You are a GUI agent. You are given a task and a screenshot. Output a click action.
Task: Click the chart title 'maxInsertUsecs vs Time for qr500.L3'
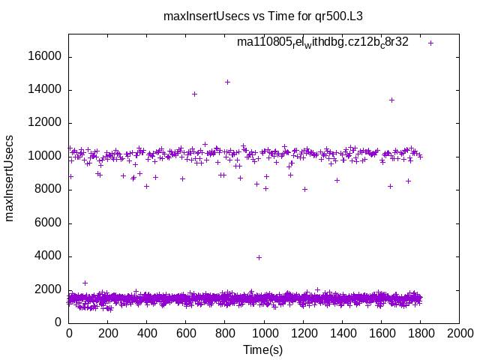pyautogui.click(x=268, y=15)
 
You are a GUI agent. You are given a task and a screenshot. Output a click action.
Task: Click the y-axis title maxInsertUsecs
pyautogui.click(x=10, y=178)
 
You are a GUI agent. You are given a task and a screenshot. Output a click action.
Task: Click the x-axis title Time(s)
pyautogui.click(x=262, y=349)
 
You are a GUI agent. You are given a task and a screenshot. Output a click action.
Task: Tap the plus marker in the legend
pyautogui.click(x=431, y=43)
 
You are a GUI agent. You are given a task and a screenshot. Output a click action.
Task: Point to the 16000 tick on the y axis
pyautogui.click(x=46, y=57)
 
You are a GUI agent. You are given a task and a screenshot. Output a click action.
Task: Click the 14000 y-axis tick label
pyautogui.click(x=46, y=90)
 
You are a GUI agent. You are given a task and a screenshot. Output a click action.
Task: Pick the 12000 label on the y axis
pyautogui.click(x=46, y=123)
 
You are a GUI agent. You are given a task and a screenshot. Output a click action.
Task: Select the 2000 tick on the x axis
pyautogui.click(x=460, y=333)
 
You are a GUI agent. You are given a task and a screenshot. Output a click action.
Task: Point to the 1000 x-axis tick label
pyautogui.click(x=264, y=333)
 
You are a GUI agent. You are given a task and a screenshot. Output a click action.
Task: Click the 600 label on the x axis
pyautogui.click(x=186, y=333)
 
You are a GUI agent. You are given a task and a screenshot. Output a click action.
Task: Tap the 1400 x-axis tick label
pyautogui.click(x=342, y=333)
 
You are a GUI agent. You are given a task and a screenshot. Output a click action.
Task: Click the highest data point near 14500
pyautogui.click(x=227, y=82)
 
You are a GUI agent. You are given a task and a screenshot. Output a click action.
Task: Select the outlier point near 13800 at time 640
pyautogui.click(x=194, y=94)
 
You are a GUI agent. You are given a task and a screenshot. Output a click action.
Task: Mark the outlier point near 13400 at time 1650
pyautogui.click(x=391, y=100)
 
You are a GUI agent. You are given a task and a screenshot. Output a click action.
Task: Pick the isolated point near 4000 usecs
pyautogui.click(x=259, y=257)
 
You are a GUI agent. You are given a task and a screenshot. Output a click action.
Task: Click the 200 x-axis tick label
pyautogui.click(x=108, y=333)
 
